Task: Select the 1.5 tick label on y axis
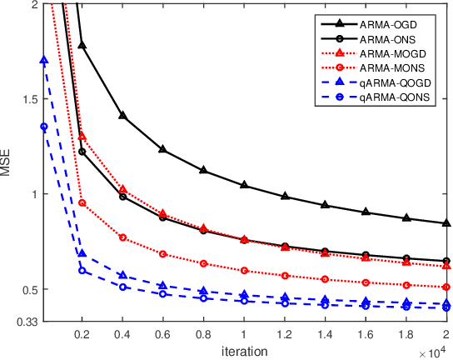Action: [x=29, y=99]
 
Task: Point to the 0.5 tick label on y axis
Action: [x=29, y=289]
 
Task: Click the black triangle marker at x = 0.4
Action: [x=122, y=116]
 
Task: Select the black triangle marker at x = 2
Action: [x=447, y=223]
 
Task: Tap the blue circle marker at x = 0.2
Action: [x=82, y=271]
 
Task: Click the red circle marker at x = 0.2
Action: [x=82, y=202]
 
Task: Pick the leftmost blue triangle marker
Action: [x=43, y=60]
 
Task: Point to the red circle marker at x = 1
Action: [x=244, y=271]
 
